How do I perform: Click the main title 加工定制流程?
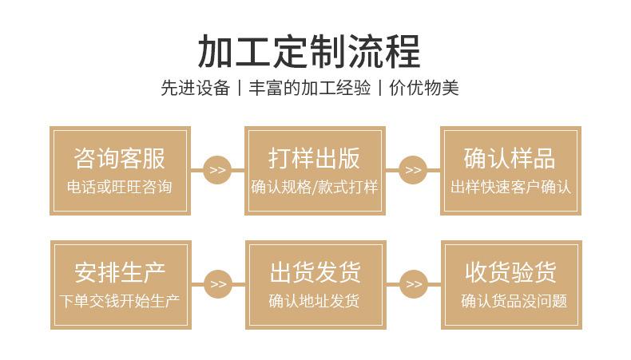(309, 50)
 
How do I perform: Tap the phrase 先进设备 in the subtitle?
(195, 88)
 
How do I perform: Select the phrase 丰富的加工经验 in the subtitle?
(310, 88)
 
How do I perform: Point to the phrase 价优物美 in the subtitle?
(424, 88)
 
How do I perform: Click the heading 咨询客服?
(120, 158)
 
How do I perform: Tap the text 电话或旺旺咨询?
(120, 188)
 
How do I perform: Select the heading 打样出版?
(315, 158)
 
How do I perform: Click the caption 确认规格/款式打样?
(315, 188)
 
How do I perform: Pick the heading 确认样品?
(510, 158)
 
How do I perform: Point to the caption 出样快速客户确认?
(510, 188)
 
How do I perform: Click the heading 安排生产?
(120, 272)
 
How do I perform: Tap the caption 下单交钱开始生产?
(120, 302)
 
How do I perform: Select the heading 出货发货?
(315, 272)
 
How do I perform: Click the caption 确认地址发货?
(315, 302)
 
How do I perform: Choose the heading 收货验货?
(510, 272)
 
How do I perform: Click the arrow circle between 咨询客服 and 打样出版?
(217, 170)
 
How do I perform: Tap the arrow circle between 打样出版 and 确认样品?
(413, 170)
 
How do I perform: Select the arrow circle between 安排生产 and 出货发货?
(217, 284)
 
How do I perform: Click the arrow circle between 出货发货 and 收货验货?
(413, 284)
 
